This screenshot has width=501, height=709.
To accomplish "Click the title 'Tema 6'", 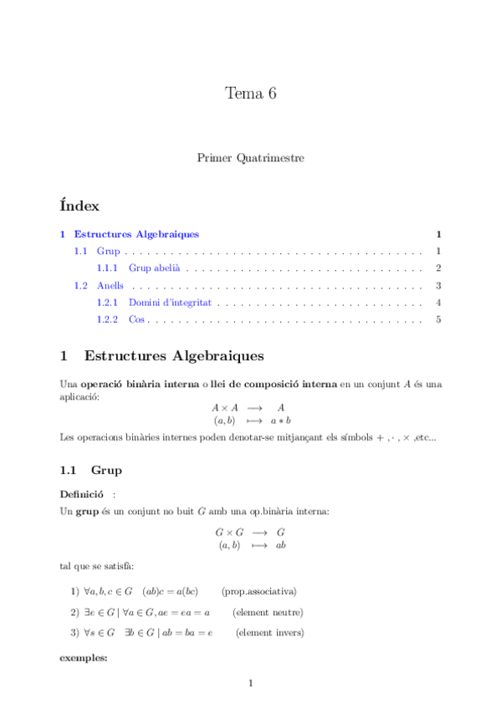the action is [250, 94].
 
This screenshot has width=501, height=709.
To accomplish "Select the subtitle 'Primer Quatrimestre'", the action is [250, 157].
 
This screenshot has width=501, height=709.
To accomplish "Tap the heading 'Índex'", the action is [80, 205].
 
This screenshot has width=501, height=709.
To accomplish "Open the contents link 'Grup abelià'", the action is [156, 268].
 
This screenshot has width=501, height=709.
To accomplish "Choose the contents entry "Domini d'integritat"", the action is [170, 303].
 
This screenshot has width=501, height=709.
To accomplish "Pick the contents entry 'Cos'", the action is [137, 319].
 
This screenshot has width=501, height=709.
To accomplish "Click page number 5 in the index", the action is [437, 319].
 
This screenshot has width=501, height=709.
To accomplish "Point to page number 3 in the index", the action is [437, 286].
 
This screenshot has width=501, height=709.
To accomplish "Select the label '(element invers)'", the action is [269, 633].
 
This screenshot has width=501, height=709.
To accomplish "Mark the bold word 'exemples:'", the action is [84, 658].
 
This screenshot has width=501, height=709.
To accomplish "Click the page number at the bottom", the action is [250, 684].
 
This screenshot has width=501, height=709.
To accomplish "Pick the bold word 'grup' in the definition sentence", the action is [87, 510].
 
